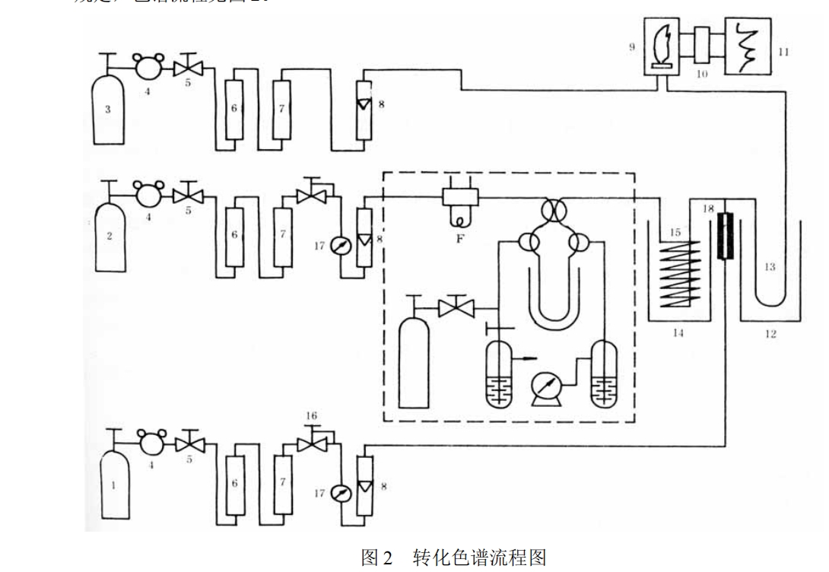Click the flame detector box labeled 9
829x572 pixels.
pyautogui.click(x=659, y=50)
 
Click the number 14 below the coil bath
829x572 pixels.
pyautogui.click(x=677, y=332)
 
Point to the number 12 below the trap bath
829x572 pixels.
pyautogui.click(x=770, y=333)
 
